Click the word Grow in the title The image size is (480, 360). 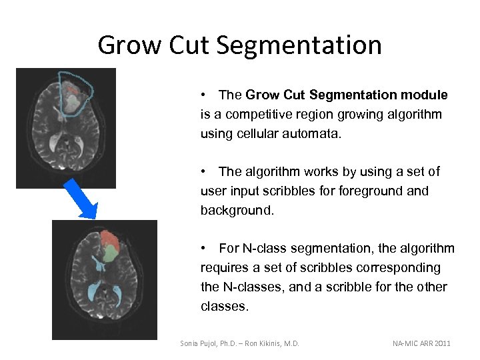click(x=127, y=45)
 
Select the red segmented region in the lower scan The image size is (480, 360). click(x=110, y=239)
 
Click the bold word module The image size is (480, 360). click(x=424, y=95)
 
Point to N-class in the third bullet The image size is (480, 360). click(x=264, y=249)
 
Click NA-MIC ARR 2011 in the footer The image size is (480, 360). click(x=421, y=343)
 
